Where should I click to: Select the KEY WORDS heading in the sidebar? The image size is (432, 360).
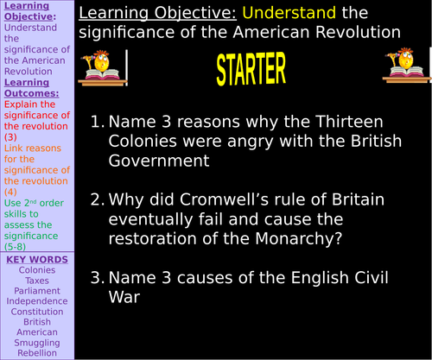coord(36,259)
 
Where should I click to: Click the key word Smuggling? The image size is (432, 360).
coord(36,341)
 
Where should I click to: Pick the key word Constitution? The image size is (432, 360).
coord(36,311)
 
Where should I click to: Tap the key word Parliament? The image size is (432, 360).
coord(36,290)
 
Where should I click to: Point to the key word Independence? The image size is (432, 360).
coord(36,300)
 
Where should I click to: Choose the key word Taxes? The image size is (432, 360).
coord(36,280)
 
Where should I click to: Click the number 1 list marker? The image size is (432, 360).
coord(97,123)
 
